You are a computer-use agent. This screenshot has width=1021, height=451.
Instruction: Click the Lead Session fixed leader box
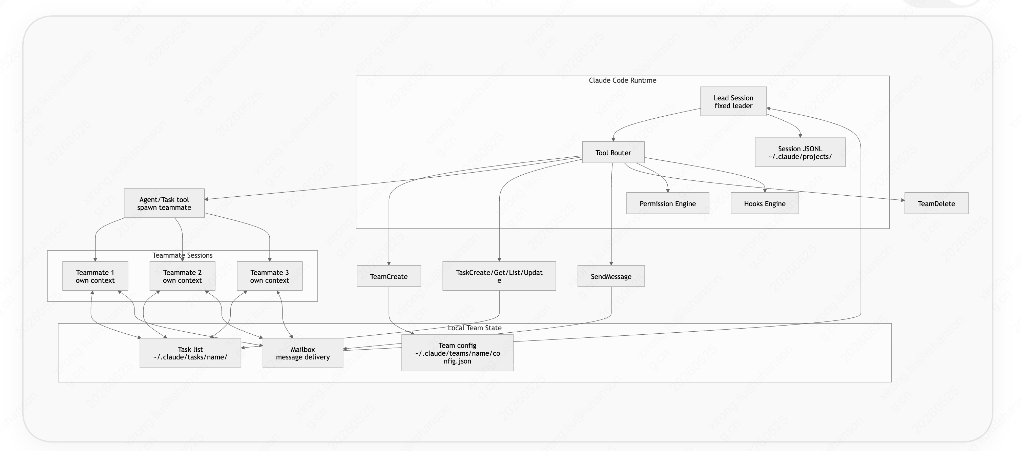pyautogui.click(x=733, y=101)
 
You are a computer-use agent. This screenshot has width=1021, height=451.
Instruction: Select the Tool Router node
pyautogui.click(x=613, y=152)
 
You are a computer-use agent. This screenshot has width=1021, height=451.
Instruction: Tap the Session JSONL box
pyautogui.click(x=800, y=152)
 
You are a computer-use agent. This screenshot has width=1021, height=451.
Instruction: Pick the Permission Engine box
pyautogui.click(x=667, y=203)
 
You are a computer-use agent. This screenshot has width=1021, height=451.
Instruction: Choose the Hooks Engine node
pyautogui.click(x=765, y=203)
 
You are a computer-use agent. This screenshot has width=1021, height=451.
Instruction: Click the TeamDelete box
pyautogui.click(x=936, y=203)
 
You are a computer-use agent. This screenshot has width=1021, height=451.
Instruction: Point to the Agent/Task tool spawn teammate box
pyautogui.click(x=164, y=203)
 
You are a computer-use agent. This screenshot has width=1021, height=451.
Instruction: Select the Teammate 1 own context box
pyautogui.click(x=95, y=276)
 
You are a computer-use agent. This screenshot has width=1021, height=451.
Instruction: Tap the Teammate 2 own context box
pyautogui.click(x=182, y=276)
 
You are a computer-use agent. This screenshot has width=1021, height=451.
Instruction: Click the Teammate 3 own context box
pyautogui.click(x=270, y=276)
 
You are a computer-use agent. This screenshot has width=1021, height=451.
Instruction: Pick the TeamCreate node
pyautogui.click(x=389, y=276)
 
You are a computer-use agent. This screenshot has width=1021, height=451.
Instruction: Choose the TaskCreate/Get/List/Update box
pyautogui.click(x=499, y=276)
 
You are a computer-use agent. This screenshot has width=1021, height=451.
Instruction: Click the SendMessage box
pyautogui.click(x=611, y=276)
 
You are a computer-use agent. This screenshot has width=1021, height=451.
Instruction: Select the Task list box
pyautogui.click(x=190, y=353)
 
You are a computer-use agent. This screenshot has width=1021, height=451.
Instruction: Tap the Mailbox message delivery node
pyautogui.click(x=303, y=353)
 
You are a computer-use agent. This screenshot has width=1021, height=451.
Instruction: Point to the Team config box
pyautogui.click(x=457, y=353)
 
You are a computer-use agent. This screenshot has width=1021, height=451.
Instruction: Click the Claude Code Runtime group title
pyautogui.click(x=622, y=80)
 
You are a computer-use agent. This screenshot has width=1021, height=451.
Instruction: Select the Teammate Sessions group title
pyautogui.click(x=182, y=255)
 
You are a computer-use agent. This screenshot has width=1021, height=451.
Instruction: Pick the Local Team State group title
pyautogui.click(x=475, y=328)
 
